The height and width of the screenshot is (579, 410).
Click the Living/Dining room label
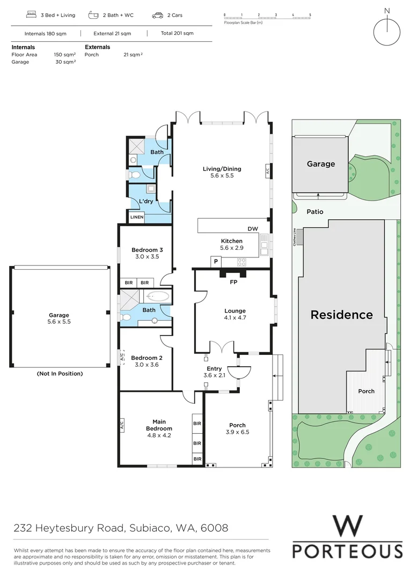pyautogui.click(x=222, y=169)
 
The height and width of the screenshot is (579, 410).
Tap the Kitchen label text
pyautogui.click(x=232, y=241)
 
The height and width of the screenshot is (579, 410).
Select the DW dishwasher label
pyautogui.click(x=253, y=229)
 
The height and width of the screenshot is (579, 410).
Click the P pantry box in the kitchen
pyautogui.click(x=216, y=261)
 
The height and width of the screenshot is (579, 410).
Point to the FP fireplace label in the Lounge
pyautogui.click(x=233, y=282)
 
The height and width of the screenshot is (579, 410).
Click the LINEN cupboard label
pyautogui.click(x=137, y=217)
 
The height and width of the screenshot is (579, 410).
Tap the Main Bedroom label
pyautogui.click(x=159, y=425)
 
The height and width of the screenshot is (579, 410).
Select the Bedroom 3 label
pyautogui.click(x=147, y=250)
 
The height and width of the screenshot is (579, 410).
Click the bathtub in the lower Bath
pyautogui.click(x=157, y=295)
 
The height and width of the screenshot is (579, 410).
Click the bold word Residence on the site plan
pyautogui.click(x=341, y=315)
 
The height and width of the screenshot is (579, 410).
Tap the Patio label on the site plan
pyautogui.click(x=315, y=212)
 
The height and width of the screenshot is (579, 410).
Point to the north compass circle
pyautogui.click(x=386, y=32)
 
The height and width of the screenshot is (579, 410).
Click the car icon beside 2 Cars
pyautogui.click(x=158, y=16)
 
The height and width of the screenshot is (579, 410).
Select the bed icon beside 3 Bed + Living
pyautogui.click(x=30, y=16)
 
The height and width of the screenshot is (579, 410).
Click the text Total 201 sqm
pyautogui.click(x=177, y=33)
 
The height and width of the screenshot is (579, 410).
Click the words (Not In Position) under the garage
pyautogui.click(x=60, y=374)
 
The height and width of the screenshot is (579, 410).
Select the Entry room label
pyautogui.click(x=214, y=369)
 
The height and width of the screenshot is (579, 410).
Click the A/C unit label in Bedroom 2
pyautogui.click(x=121, y=357)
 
